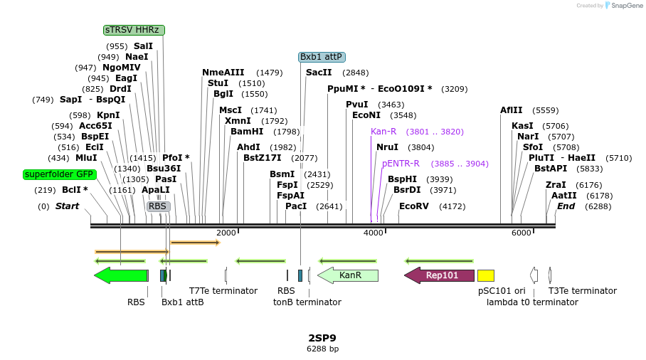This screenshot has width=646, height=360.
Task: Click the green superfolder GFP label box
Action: [60, 174]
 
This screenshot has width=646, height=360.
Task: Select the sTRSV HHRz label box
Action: [134, 30]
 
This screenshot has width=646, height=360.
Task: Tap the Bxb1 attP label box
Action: [322, 57]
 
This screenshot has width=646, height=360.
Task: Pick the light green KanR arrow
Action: [348, 275]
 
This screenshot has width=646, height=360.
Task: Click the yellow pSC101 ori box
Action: [486, 275]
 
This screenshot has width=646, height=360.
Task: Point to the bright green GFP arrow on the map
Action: [120, 275]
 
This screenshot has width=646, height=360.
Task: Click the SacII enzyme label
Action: [319, 73]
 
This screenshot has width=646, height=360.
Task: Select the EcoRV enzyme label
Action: [414, 206]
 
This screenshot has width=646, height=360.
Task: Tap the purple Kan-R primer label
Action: [383, 132]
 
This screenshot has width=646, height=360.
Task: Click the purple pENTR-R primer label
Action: [401, 164]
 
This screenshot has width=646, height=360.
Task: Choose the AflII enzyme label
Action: [511, 110]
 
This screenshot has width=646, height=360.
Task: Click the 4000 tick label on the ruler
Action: [374, 233]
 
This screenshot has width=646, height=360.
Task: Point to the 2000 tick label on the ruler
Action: [226, 233]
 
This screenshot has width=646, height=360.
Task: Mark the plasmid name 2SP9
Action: [322, 337]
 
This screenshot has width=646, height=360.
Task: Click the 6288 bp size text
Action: [322, 349]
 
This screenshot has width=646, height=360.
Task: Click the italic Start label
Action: [67, 206]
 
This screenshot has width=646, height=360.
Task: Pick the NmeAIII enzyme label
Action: [223, 73]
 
